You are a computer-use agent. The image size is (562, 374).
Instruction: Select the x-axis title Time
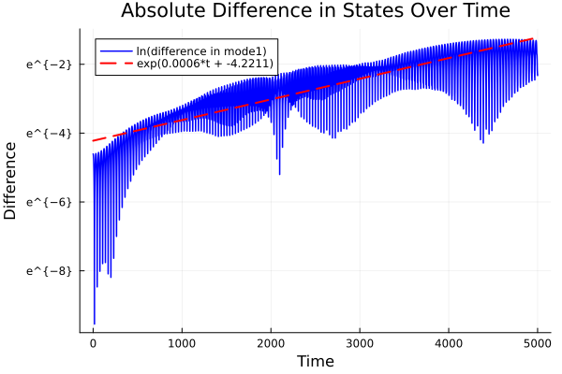pyautogui.click(x=315, y=361)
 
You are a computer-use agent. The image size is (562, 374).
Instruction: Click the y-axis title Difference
pyautogui.click(x=11, y=180)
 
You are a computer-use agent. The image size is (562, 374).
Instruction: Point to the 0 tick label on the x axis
pyautogui.click(x=93, y=343)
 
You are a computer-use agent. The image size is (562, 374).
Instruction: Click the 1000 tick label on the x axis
pyautogui.click(x=182, y=343)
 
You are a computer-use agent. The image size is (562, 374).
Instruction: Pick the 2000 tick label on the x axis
pyautogui.click(x=271, y=343)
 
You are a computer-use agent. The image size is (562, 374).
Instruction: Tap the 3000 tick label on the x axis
pyautogui.click(x=360, y=343)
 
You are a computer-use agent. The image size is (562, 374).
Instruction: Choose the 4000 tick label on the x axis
pyautogui.click(x=449, y=343)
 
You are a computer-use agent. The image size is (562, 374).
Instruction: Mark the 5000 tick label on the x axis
pyautogui.click(x=537, y=343)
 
